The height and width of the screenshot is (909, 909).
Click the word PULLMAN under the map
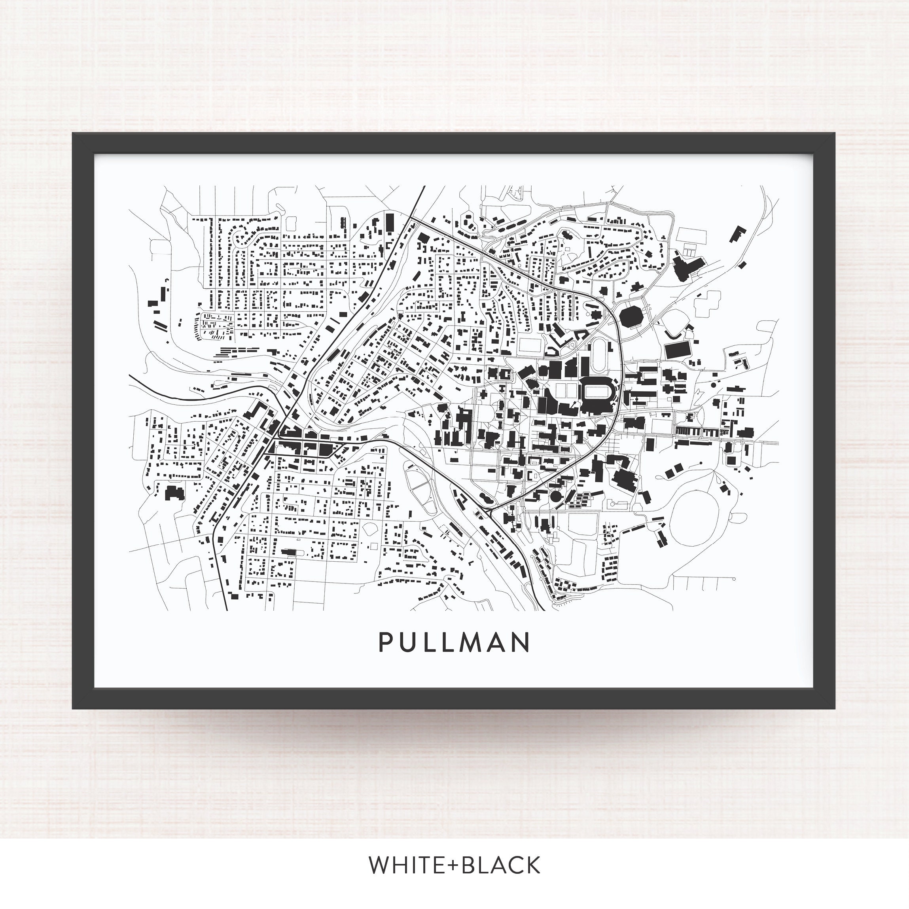pyautogui.click(x=454, y=642)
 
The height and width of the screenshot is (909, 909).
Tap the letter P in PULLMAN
pyautogui.click(x=385, y=642)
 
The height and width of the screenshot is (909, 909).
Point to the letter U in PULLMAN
pyautogui.click(x=408, y=642)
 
